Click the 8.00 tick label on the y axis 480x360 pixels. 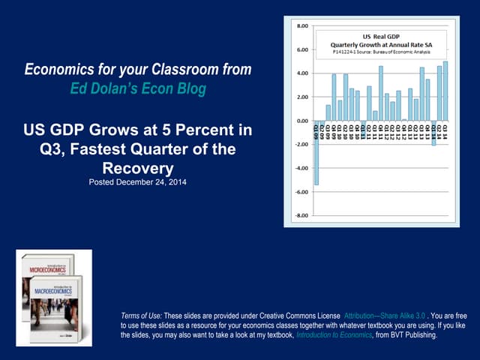(300, 26)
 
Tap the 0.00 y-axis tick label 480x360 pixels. (300, 121)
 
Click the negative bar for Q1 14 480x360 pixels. (433, 133)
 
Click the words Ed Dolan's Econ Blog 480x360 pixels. (138, 89)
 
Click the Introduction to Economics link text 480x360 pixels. (337, 336)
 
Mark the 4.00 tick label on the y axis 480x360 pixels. (300, 73)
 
